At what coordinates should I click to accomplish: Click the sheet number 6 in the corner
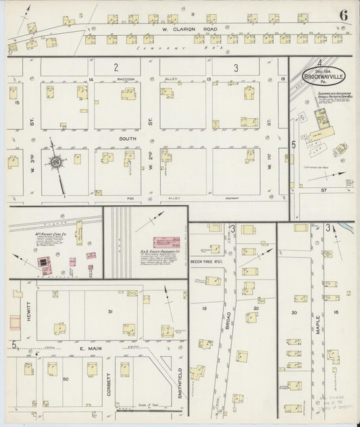coord(344,14)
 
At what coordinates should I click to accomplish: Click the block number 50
coord(66,381)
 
